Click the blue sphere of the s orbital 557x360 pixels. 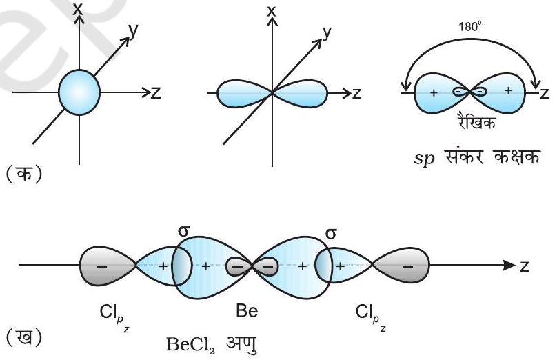tap(79, 92)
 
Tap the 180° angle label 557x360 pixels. tap(469, 27)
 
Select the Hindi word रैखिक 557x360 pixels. tap(475, 121)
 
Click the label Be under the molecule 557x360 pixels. tap(247, 311)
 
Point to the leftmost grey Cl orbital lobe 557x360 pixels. tap(107, 265)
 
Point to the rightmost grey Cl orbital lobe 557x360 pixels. tap(401, 265)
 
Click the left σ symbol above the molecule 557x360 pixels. tap(183, 231)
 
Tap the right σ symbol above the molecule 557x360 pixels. tap(331, 234)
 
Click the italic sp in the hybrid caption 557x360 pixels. tap(424, 158)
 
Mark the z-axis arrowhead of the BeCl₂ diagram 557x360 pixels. tap(509, 265)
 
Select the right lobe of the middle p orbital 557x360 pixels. tap(300, 94)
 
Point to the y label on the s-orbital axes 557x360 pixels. tap(133, 31)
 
